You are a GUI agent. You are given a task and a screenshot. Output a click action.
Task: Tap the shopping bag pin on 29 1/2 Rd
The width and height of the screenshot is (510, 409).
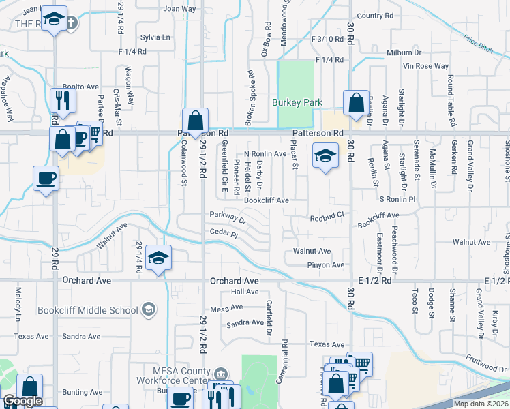click(x=195, y=120)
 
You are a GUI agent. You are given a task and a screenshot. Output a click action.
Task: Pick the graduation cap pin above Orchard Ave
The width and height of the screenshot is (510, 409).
click(x=158, y=258)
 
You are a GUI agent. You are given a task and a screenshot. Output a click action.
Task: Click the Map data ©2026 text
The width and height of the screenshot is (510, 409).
click(x=480, y=404)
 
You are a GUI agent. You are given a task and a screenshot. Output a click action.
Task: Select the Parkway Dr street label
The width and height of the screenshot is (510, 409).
click(x=228, y=217)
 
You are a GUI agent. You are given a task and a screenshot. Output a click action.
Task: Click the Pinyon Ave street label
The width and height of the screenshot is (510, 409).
click(x=326, y=264)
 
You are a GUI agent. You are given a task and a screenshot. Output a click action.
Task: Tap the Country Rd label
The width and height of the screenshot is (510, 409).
click(x=375, y=15)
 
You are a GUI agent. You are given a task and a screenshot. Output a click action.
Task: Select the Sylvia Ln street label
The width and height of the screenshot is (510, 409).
click(x=155, y=37)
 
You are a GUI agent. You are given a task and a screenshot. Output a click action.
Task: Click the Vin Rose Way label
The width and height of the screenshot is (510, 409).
click(x=426, y=66)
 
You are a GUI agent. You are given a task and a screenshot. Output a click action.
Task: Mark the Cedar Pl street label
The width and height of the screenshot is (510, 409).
click(x=224, y=232)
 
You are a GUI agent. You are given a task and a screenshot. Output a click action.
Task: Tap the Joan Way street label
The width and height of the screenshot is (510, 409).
click(x=179, y=9)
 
